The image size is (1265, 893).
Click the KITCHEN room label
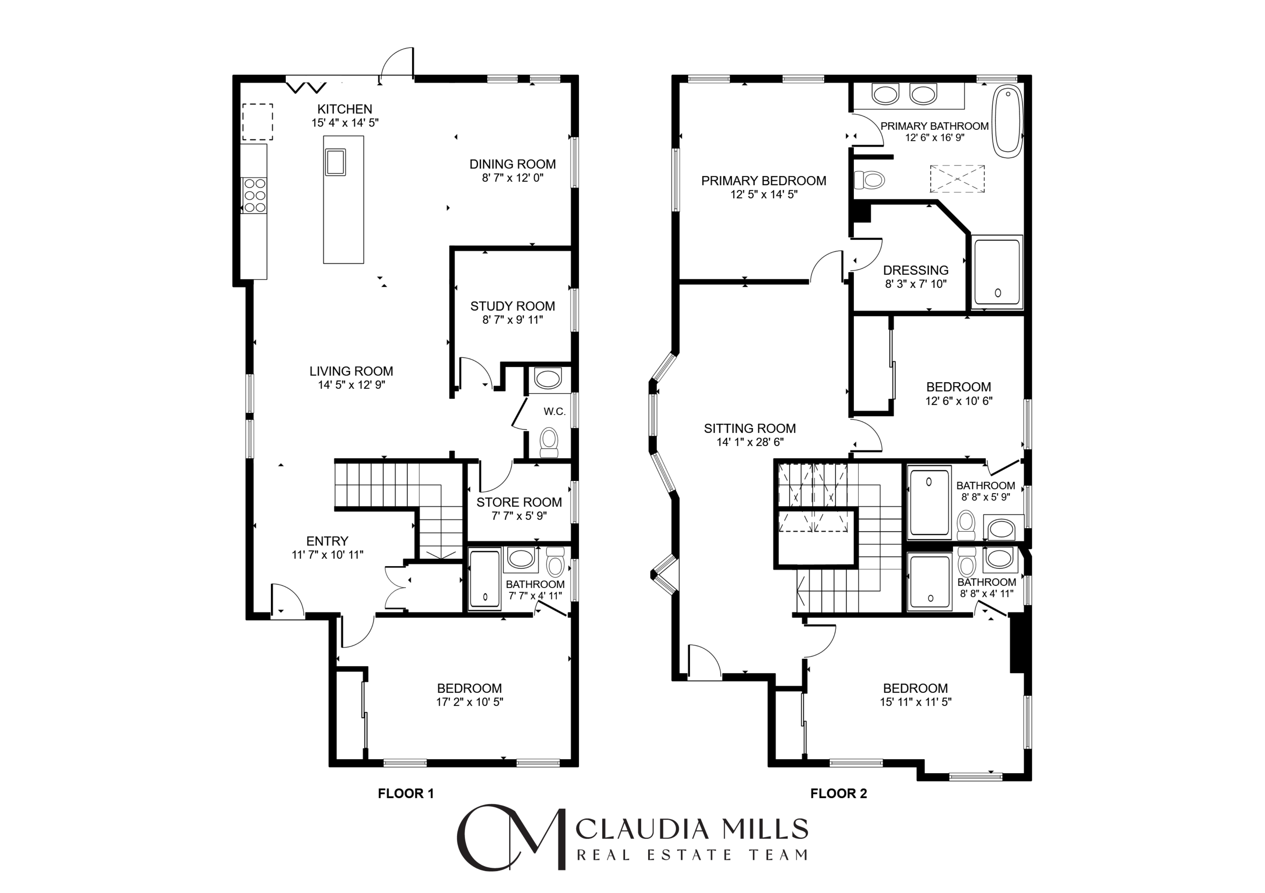[344, 109]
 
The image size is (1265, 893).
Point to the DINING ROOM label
[513, 164]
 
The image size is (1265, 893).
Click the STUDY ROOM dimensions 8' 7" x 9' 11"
[513, 319]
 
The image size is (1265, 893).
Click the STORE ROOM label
[519, 503]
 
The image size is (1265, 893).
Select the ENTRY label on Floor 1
[327, 541]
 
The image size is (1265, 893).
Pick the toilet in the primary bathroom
[869, 179]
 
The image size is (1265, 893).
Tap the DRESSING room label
[916, 271]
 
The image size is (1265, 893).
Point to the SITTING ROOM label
[750, 428]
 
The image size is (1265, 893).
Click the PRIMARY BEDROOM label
[764, 181]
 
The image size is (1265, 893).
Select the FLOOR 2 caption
[839, 794]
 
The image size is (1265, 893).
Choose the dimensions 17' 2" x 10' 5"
[469, 702]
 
